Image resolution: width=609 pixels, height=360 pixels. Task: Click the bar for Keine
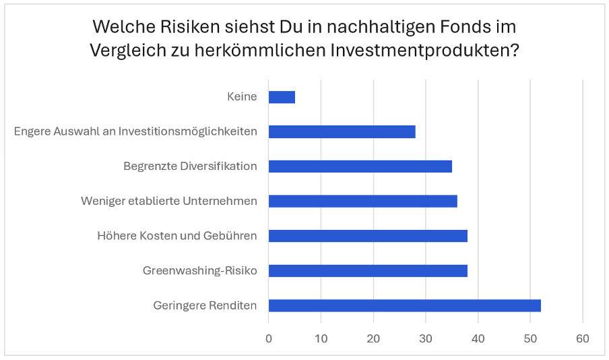[x=282, y=97]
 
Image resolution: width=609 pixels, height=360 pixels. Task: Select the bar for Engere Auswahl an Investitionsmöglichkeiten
[x=342, y=131]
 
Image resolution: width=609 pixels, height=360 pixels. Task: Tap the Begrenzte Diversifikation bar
[x=360, y=167]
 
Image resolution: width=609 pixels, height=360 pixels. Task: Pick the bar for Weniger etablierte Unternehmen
[x=362, y=201]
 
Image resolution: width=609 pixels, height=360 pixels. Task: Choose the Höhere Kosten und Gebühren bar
[x=368, y=236]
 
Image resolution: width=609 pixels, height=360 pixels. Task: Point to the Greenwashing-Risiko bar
[x=368, y=271]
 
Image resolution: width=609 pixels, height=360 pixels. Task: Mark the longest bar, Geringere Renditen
[x=404, y=305]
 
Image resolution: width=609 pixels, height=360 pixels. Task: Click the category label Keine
[x=242, y=96]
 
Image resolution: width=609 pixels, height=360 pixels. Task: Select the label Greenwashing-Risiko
[x=199, y=271]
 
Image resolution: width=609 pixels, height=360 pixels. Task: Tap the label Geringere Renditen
[x=205, y=305]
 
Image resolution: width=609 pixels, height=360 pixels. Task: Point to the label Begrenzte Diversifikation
[x=190, y=166]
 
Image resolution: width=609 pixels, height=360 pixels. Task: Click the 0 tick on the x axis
[x=269, y=338]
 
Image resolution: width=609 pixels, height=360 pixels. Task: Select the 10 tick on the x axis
[x=321, y=338]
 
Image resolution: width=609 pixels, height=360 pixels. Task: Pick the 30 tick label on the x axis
[x=425, y=338]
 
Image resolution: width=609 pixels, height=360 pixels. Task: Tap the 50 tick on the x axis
[x=530, y=338]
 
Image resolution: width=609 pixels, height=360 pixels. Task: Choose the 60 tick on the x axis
[x=582, y=338]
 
